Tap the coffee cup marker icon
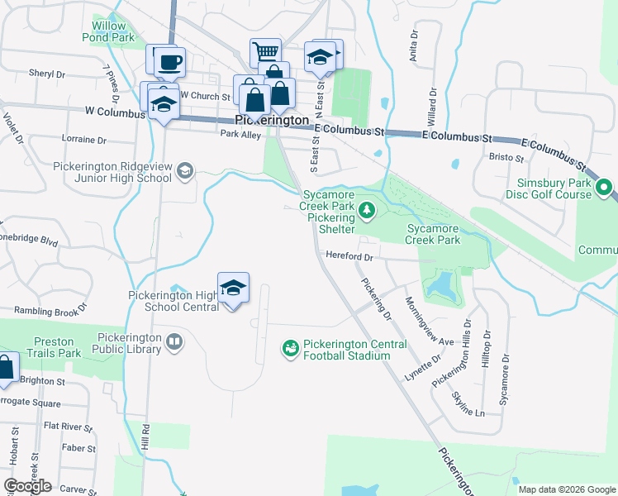click(x=170, y=61)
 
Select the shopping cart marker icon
click(x=266, y=53)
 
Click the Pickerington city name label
click(x=272, y=120)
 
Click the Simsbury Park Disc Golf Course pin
click(x=606, y=189)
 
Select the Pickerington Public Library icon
click(x=174, y=341)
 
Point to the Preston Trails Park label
click(x=58, y=347)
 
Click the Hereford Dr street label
click(x=350, y=256)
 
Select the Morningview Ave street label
click(x=430, y=322)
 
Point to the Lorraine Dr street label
click(x=85, y=140)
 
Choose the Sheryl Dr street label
click(x=47, y=74)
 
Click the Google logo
click(x=27, y=486)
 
